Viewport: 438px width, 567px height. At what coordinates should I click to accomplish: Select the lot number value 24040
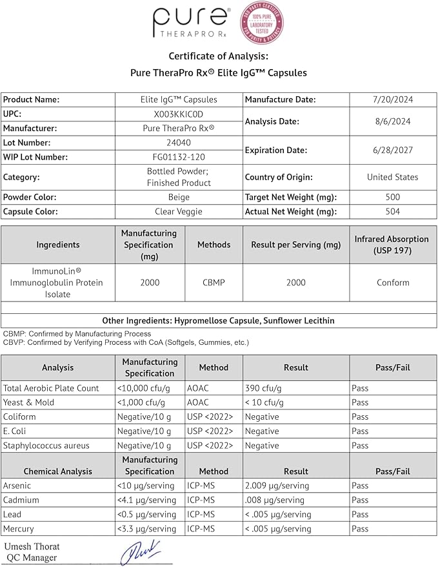click(179, 143)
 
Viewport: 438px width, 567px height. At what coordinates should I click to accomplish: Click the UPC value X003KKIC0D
click(179, 114)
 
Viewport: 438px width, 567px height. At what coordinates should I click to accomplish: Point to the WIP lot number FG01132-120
click(179, 157)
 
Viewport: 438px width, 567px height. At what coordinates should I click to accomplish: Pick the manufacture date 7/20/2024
click(392, 99)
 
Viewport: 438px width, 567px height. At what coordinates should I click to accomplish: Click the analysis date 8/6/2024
click(392, 121)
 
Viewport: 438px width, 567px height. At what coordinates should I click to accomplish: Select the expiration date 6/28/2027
click(392, 150)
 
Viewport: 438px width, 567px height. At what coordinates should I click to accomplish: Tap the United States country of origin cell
click(392, 177)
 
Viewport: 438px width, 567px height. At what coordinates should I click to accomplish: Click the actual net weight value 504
click(392, 211)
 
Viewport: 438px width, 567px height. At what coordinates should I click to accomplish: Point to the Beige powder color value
click(179, 197)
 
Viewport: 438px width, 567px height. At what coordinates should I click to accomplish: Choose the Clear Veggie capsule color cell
click(179, 211)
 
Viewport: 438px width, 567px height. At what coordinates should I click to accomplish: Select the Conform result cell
click(392, 282)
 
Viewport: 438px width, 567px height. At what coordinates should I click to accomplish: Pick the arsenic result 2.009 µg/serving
click(277, 486)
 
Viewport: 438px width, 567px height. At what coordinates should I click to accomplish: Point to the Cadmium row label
click(21, 500)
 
